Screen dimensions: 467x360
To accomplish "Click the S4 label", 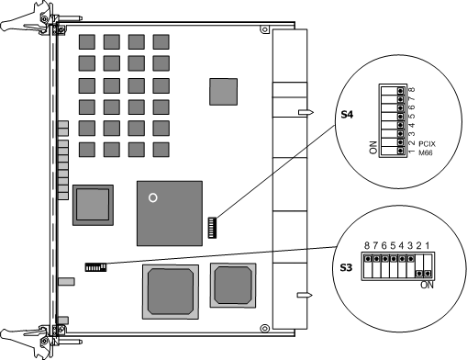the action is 347,115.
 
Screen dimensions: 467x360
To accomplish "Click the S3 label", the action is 347,267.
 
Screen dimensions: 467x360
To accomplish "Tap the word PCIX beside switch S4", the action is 427,143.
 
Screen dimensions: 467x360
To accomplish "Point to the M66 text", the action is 426,152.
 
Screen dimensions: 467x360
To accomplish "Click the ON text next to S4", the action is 373,147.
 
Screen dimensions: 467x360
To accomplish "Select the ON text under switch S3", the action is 427,285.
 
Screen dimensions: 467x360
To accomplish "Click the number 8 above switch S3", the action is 367,245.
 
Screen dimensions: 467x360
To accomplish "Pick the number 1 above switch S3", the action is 428,245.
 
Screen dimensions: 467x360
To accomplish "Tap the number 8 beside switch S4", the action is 412,90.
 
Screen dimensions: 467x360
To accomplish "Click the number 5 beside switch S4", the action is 412,116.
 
